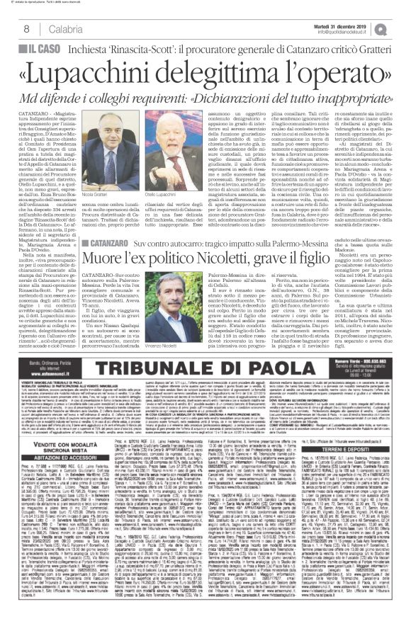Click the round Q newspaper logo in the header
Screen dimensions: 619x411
(x=402, y=28)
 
